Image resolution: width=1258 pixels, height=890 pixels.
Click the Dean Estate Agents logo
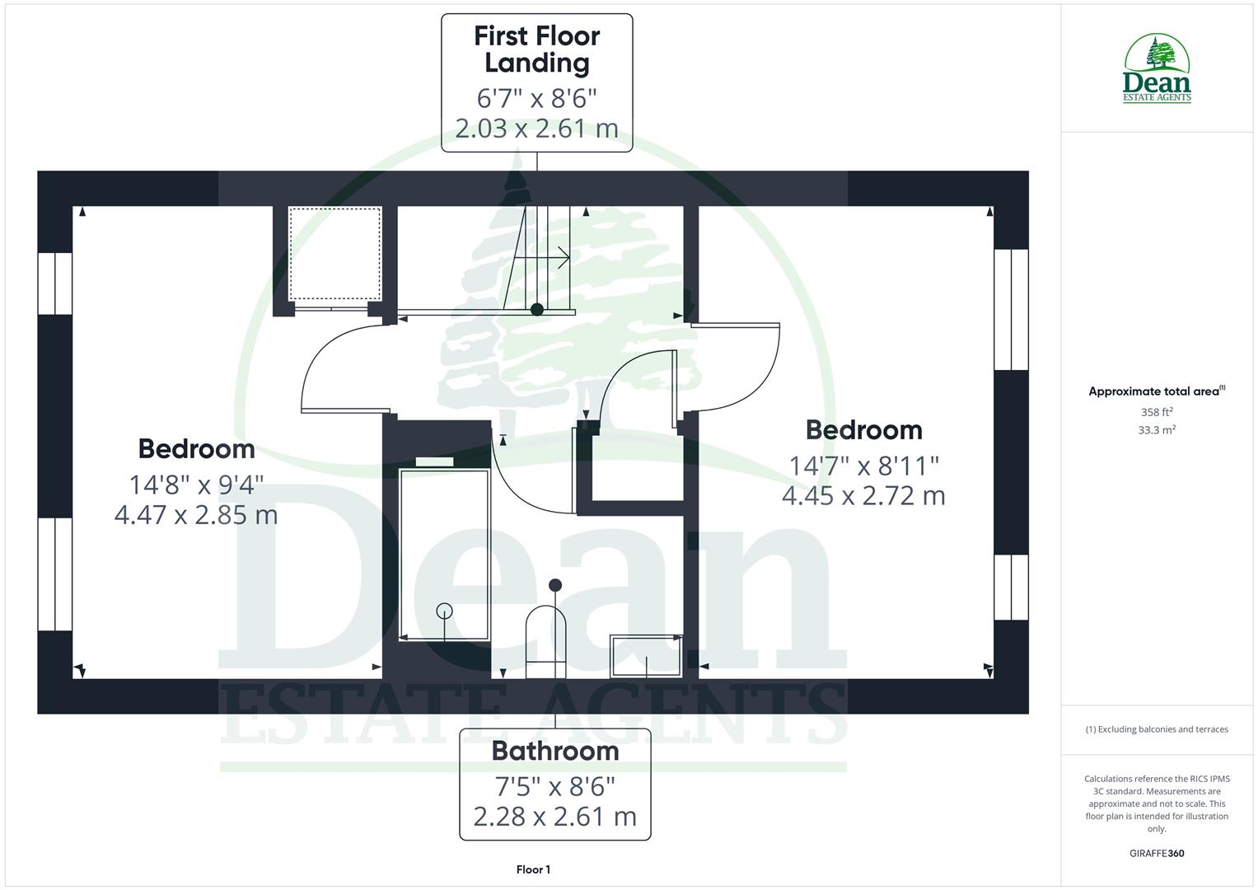click(1157, 69)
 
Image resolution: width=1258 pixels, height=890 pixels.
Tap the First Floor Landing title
click(536, 49)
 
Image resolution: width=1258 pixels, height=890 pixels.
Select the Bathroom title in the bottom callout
click(555, 751)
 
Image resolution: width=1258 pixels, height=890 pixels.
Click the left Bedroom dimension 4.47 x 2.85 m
click(196, 515)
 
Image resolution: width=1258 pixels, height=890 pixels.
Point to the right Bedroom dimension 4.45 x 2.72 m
click(863, 496)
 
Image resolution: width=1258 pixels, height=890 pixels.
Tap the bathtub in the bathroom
click(444, 554)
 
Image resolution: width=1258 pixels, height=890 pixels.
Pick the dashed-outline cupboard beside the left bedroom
click(334, 254)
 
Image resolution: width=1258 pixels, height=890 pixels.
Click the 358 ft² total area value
click(1156, 412)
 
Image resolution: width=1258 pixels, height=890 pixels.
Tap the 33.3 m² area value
click(1156, 430)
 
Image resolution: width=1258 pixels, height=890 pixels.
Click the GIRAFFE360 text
click(1156, 853)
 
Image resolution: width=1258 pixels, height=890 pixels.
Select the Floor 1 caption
click(533, 869)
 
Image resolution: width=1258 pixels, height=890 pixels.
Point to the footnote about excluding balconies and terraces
click(1156, 729)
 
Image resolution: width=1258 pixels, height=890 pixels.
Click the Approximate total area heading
click(1156, 391)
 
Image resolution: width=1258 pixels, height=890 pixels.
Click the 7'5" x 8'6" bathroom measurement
click(555, 786)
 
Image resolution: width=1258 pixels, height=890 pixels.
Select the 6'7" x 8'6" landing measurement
click(536, 98)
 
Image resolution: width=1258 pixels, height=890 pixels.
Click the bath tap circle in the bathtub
click(445, 611)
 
